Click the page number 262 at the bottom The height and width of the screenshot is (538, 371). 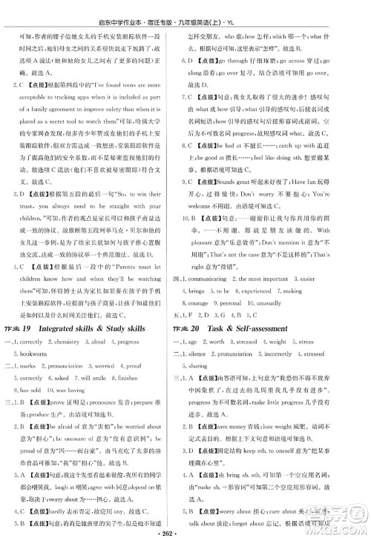185,530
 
